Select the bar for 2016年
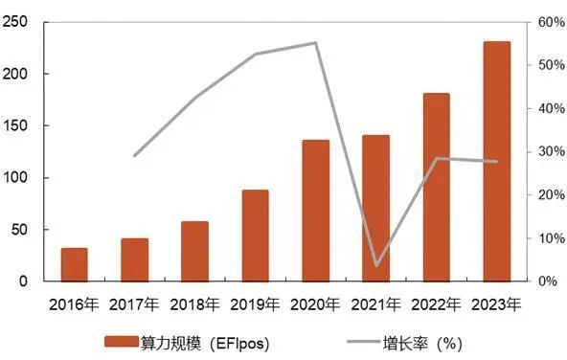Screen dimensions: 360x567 point(74,264)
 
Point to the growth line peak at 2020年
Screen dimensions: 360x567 point(315,43)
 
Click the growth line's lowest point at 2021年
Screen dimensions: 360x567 point(375,265)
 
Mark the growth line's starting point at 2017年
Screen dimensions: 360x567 point(134,155)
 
